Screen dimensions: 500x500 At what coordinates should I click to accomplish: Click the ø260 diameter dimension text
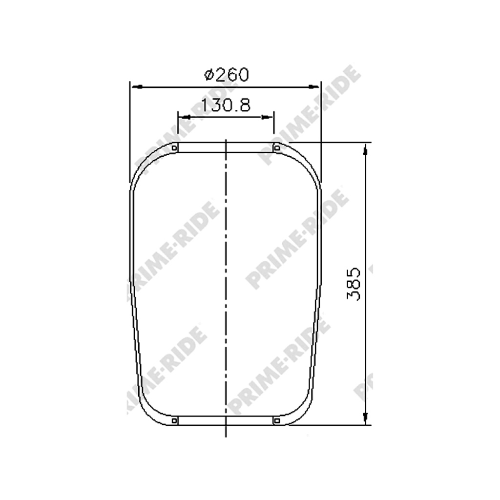pos(226,75)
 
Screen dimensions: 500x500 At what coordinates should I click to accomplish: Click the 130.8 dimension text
pos(226,105)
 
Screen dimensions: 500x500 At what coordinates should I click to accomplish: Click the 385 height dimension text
pos(354,284)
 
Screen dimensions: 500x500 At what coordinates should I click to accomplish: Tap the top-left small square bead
pos(174,148)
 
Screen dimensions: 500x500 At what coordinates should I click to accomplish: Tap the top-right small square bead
pos(277,148)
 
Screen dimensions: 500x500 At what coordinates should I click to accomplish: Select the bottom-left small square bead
pos(174,421)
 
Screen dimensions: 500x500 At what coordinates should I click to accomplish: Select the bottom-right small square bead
pos(277,421)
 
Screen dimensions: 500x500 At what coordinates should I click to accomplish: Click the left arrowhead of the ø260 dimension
pos(137,87)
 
